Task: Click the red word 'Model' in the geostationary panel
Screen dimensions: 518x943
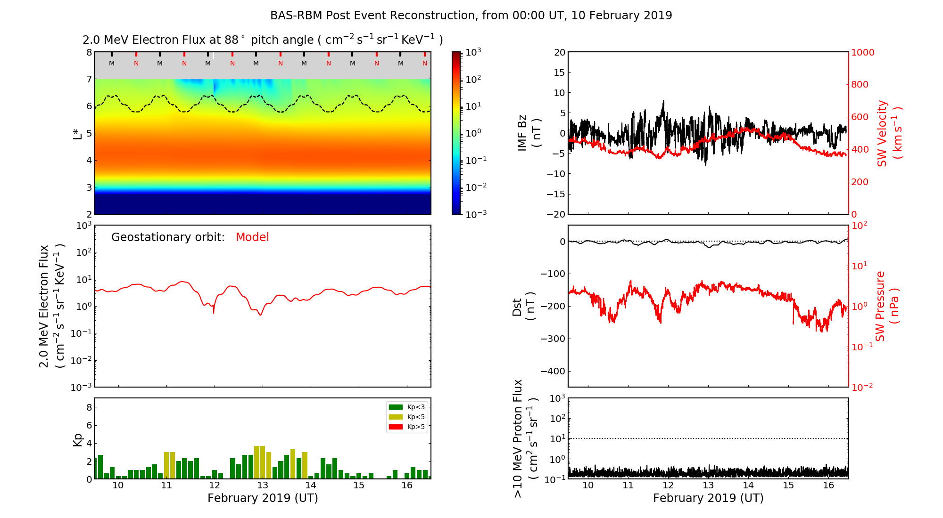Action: tap(252, 237)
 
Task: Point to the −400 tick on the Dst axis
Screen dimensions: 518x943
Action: tap(553, 371)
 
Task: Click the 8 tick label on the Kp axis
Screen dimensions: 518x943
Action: tap(89, 407)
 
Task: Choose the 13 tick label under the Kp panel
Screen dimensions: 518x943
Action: tap(263, 486)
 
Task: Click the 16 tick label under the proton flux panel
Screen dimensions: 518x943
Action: tap(828, 486)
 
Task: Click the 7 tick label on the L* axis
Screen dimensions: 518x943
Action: tap(89, 79)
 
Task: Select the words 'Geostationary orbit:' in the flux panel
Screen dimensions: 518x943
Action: tap(168, 237)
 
